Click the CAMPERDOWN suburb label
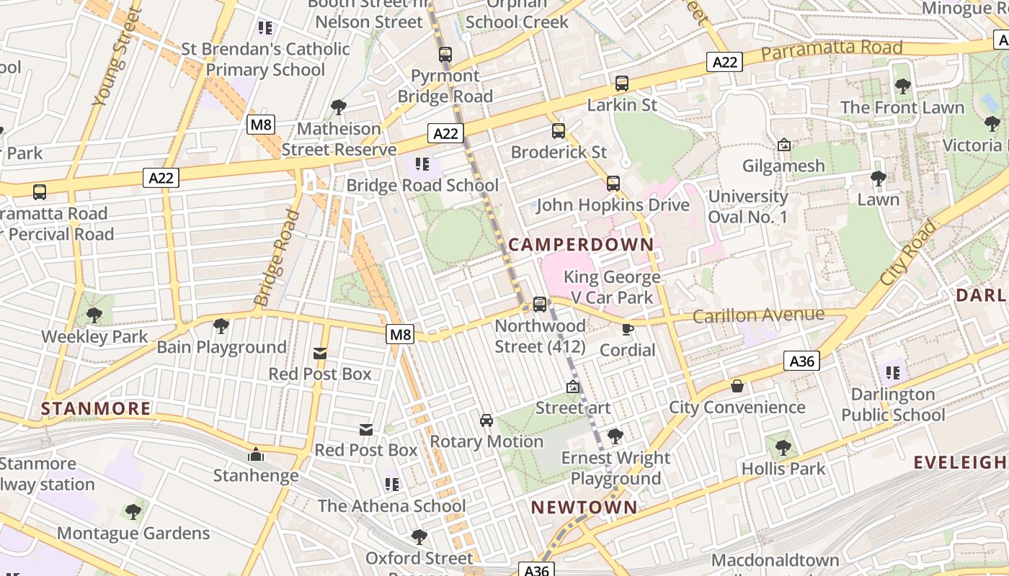(581, 245)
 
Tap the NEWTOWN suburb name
(584, 508)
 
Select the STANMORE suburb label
(96, 409)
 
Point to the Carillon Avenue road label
(758, 315)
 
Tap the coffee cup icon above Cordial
(628, 330)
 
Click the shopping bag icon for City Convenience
(737, 387)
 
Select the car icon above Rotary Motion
(486, 420)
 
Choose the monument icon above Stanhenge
(255, 455)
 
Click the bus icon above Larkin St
(622, 84)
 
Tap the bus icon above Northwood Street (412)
(540, 305)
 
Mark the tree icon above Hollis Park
(783, 448)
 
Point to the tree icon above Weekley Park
(94, 315)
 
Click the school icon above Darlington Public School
(893, 373)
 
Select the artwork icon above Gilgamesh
(784, 145)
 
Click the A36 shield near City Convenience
(802, 361)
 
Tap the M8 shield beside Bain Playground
(400, 334)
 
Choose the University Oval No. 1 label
(748, 207)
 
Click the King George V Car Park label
(612, 287)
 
